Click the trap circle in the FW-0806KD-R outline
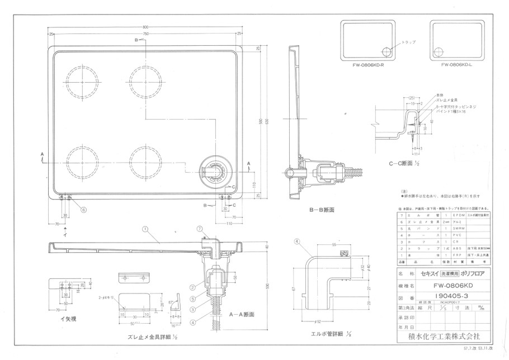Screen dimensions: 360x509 (387, 51)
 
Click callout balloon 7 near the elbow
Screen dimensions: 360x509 (199, 229)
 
